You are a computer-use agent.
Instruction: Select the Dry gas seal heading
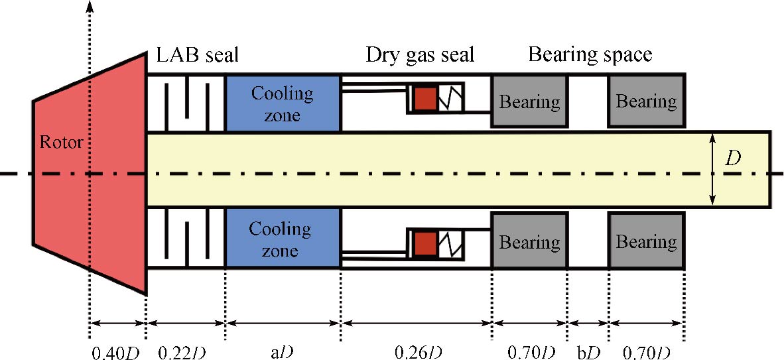421,55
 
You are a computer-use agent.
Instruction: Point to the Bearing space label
590,55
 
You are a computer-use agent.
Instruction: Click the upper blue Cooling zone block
283,103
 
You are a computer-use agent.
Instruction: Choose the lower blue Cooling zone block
283,239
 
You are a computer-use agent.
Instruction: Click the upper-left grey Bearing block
529,101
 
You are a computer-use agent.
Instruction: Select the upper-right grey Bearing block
646,101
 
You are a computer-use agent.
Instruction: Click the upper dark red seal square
425,99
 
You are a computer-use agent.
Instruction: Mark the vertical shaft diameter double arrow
712,168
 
